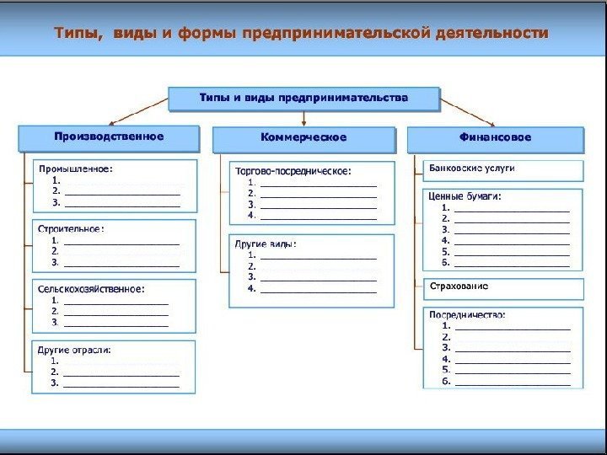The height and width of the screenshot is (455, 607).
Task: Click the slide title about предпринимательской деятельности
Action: click(301, 34)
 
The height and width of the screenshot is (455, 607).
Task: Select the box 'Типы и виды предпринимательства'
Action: click(303, 99)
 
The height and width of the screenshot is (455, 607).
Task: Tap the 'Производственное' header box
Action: click(109, 136)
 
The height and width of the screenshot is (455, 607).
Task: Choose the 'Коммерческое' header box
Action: click(303, 137)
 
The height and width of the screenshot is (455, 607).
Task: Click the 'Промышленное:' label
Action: click(76, 169)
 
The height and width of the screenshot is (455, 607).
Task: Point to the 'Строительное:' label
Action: click(72, 227)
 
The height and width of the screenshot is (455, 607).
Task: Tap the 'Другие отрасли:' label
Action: click(74, 348)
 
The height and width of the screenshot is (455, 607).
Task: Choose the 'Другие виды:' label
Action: click(265, 244)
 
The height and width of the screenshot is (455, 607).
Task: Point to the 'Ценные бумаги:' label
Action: click(465, 195)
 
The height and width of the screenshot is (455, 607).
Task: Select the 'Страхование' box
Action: click(459, 286)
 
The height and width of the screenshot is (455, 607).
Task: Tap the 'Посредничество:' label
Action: click(467, 313)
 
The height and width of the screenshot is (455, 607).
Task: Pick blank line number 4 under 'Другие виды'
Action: click(319, 289)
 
